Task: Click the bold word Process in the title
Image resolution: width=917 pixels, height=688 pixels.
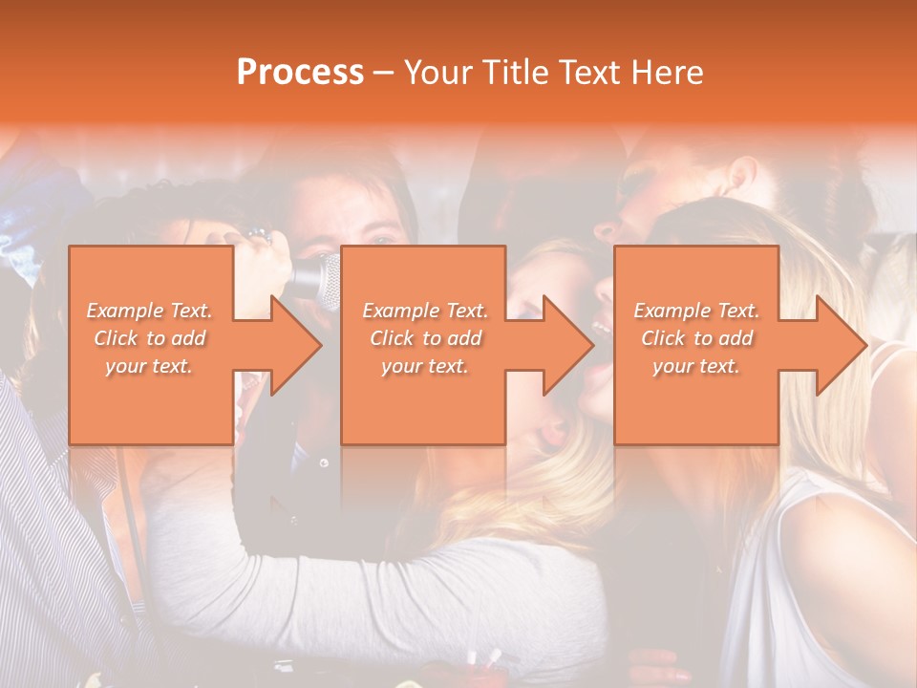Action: tap(300, 73)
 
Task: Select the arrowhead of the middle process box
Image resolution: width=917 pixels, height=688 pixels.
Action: tap(566, 345)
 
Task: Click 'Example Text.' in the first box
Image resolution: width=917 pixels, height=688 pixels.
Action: tap(149, 311)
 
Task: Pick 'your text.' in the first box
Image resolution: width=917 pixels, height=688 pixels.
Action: tap(149, 366)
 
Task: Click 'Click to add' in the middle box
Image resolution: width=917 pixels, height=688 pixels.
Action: tap(425, 338)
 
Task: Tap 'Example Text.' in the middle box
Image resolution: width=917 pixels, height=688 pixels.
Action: tap(425, 311)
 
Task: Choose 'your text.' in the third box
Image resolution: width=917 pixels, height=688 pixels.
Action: tap(696, 366)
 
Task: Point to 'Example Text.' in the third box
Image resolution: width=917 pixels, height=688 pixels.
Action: tap(696, 311)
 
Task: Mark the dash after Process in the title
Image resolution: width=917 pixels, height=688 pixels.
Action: tap(384, 74)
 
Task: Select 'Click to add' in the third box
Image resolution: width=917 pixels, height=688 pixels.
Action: tap(696, 338)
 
